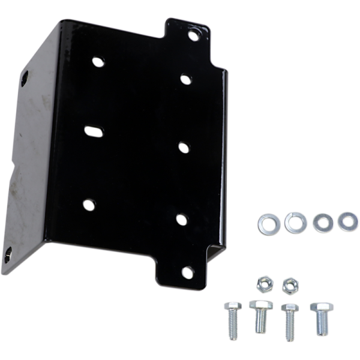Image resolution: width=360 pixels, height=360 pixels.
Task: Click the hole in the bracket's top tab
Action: pyautogui.click(x=193, y=35)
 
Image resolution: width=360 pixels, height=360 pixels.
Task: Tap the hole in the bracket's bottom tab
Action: pyautogui.click(x=188, y=273)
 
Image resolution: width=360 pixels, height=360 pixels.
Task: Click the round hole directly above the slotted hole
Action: pyautogui.click(x=98, y=61)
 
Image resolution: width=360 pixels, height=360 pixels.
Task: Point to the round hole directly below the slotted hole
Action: pyautogui.click(x=89, y=205)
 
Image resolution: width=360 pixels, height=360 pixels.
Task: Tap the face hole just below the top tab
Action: pyautogui.click(x=185, y=79)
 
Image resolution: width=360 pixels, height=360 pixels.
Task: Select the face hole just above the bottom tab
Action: pyautogui.click(x=182, y=220)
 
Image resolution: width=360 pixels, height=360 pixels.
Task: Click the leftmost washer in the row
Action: pyautogui.click(x=268, y=224)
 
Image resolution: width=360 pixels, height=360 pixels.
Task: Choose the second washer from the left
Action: pyautogui.click(x=295, y=223)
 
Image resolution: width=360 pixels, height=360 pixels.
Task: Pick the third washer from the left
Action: pyautogui.click(x=323, y=222)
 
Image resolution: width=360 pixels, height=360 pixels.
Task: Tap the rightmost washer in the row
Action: pyautogui.click(x=348, y=221)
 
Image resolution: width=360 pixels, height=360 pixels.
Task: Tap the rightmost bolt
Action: pyautogui.click(x=321, y=317)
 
